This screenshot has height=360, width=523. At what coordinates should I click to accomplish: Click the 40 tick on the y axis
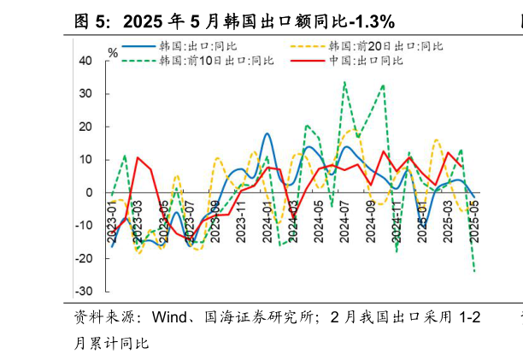pos(86,61)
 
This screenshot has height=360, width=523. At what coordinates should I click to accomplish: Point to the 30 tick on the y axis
pos(86,94)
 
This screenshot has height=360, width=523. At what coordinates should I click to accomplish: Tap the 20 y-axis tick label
pos(86,127)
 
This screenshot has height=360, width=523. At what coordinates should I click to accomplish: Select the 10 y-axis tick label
pos(86,160)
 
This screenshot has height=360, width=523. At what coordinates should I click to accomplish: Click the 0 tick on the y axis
pos(89,193)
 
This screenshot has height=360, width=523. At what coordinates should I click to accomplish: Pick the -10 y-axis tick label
pos(85,226)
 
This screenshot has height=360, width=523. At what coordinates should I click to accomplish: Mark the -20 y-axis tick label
pos(85,259)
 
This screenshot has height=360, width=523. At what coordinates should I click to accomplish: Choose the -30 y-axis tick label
pos(85,292)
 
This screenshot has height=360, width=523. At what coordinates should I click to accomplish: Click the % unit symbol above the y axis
pos(113,52)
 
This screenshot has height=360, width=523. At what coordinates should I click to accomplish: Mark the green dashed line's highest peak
pos(344,82)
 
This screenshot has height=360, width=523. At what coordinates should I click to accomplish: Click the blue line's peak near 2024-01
pos(267,133)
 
